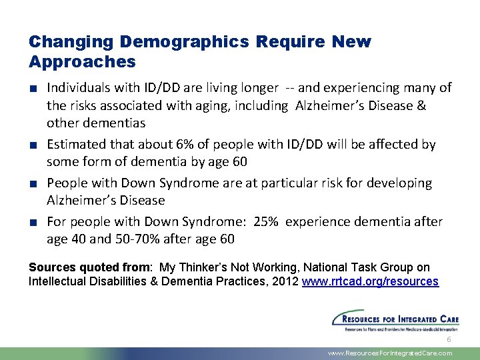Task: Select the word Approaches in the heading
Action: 82,62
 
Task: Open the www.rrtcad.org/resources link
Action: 370,281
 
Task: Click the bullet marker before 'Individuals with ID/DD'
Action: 33,88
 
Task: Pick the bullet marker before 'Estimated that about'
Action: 33,145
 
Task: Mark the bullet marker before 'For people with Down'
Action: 33,222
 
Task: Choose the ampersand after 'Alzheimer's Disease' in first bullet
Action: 421,105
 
